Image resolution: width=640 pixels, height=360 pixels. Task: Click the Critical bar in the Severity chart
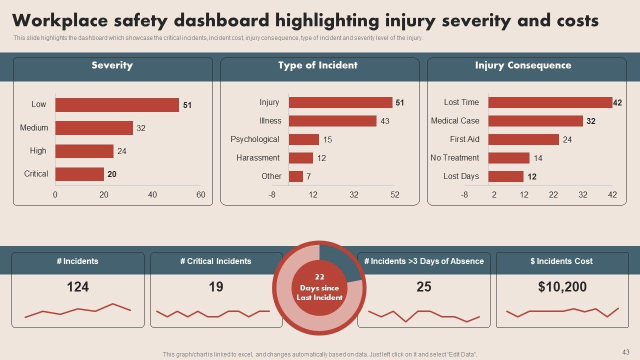(x=79, y=174)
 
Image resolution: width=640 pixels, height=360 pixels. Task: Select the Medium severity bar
(x=94, y=128)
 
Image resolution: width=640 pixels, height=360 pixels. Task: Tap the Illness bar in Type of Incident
(x=332, y=121)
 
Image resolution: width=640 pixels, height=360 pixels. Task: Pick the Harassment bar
(x=301, y=158)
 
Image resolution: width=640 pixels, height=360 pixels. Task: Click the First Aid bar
(x=523, y=139)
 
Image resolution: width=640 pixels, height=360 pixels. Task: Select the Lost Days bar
(x=506, y=176)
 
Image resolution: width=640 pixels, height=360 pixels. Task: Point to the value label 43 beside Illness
(x=385, y=121)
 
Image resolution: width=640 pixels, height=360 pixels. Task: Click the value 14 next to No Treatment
(x=538, y=158)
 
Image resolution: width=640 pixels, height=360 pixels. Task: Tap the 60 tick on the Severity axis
(x=200, y=195)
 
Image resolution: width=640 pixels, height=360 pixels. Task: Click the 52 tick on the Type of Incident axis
(x=395, y=195)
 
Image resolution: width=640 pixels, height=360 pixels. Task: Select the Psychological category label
(x=254, y=139)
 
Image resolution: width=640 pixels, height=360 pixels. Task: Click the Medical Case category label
(x=455, y=121)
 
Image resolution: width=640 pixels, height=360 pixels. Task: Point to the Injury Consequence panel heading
(x=523, y=65)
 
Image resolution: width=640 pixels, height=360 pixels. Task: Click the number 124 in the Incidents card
(x=78, y=287)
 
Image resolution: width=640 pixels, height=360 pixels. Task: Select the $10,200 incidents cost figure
(x=562, y=287)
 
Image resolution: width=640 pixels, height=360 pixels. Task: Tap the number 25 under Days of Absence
(x=424, y=287)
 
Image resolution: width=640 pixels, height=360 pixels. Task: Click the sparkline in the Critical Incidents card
(x=213, y=314)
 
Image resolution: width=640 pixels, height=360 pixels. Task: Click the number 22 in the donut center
(x=319, y=277)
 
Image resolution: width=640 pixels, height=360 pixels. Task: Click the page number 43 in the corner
(x=626, y=352)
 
